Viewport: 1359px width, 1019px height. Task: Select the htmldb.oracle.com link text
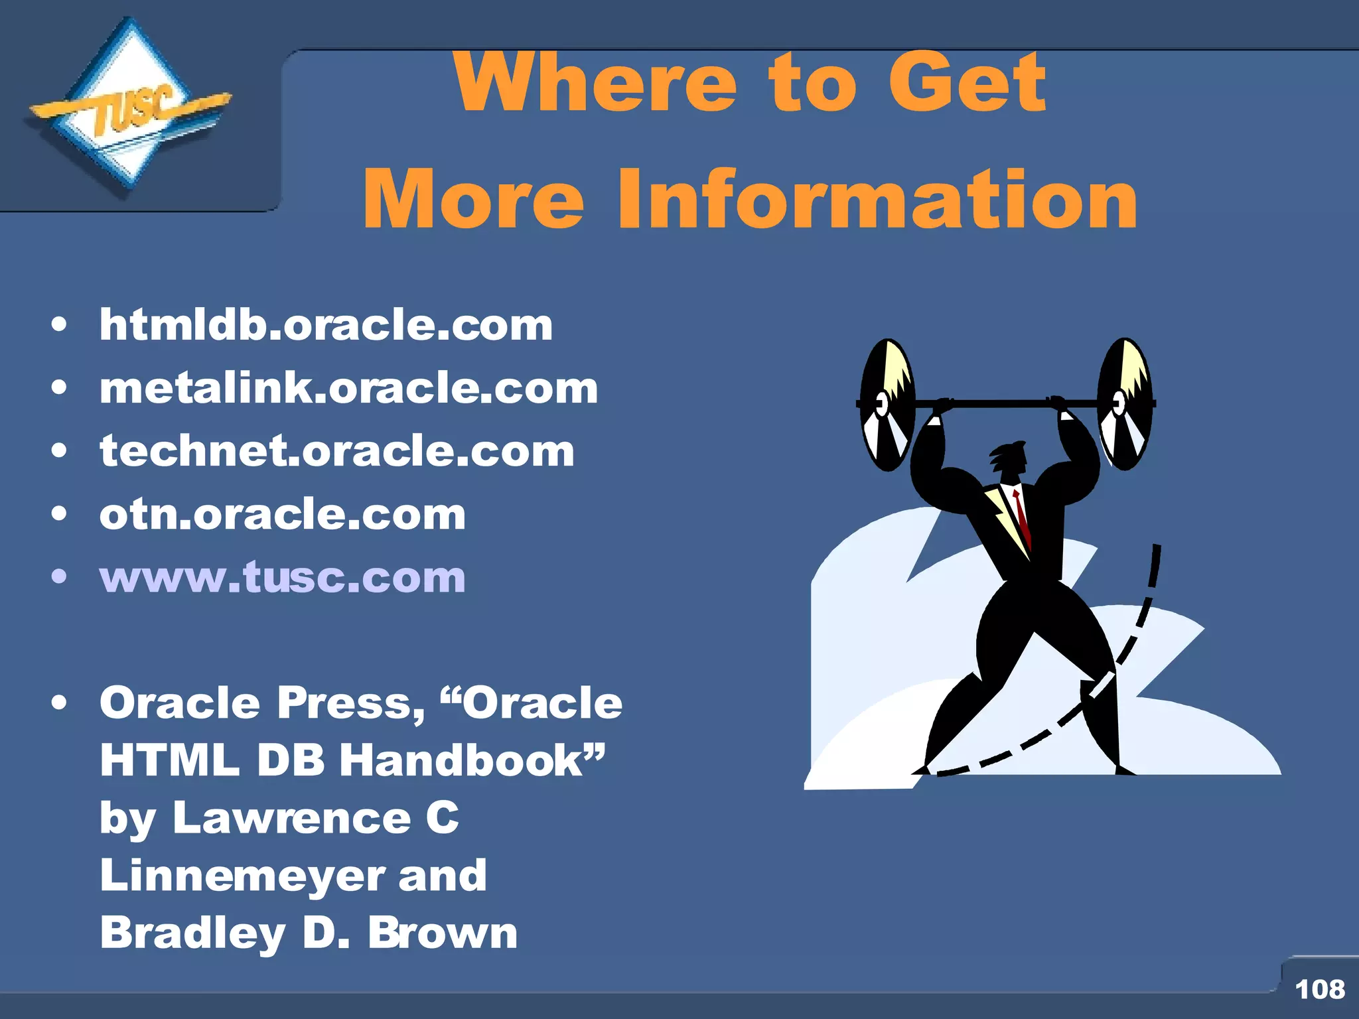tap(326, 325)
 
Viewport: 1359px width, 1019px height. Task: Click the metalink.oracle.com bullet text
tap(348, 388)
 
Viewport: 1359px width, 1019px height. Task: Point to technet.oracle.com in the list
tap(336, 451)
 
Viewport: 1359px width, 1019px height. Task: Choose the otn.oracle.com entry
tap(283, 514)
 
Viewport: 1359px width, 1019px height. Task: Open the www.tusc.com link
tap(283, 577)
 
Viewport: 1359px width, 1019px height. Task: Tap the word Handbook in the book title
tap(461, 760)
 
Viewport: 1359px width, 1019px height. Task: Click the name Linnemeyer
tap(242, 876)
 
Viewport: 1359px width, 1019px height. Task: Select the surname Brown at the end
tap(443, 933)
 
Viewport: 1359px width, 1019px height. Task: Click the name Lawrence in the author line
tap(292, 818)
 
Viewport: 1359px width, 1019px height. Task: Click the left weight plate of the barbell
tap(887, 405)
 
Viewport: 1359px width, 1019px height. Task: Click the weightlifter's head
tap(1010, 458)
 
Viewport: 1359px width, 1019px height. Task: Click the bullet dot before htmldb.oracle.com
tap(60, 325)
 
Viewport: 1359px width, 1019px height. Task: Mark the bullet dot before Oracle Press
tap(60, 703)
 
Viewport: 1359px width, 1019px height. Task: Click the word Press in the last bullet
tap(350, 703)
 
